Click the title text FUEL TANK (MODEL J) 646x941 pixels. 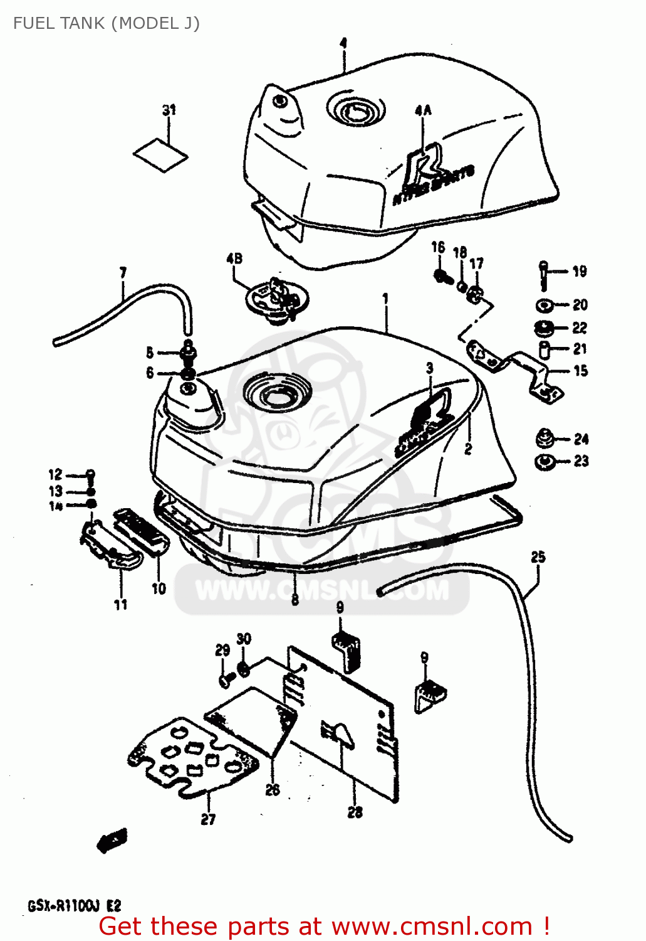tap(107, 23)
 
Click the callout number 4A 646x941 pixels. tap(423, 110)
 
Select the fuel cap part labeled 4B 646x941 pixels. tap(276, 300)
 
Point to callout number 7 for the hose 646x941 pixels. tap(123, 272)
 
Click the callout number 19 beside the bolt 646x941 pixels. tap(580, 271)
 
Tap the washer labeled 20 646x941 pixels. tap(543, 306)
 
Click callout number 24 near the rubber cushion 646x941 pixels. tap(581, 439)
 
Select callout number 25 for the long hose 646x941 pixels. tap(538, 556)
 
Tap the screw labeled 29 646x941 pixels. tap(226, 679)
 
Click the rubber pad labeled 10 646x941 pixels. tap(142, 532)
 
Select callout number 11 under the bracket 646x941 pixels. tap(120, 604)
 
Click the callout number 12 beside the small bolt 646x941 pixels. tap(56, 474)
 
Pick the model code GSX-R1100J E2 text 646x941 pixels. tap(74, 906)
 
